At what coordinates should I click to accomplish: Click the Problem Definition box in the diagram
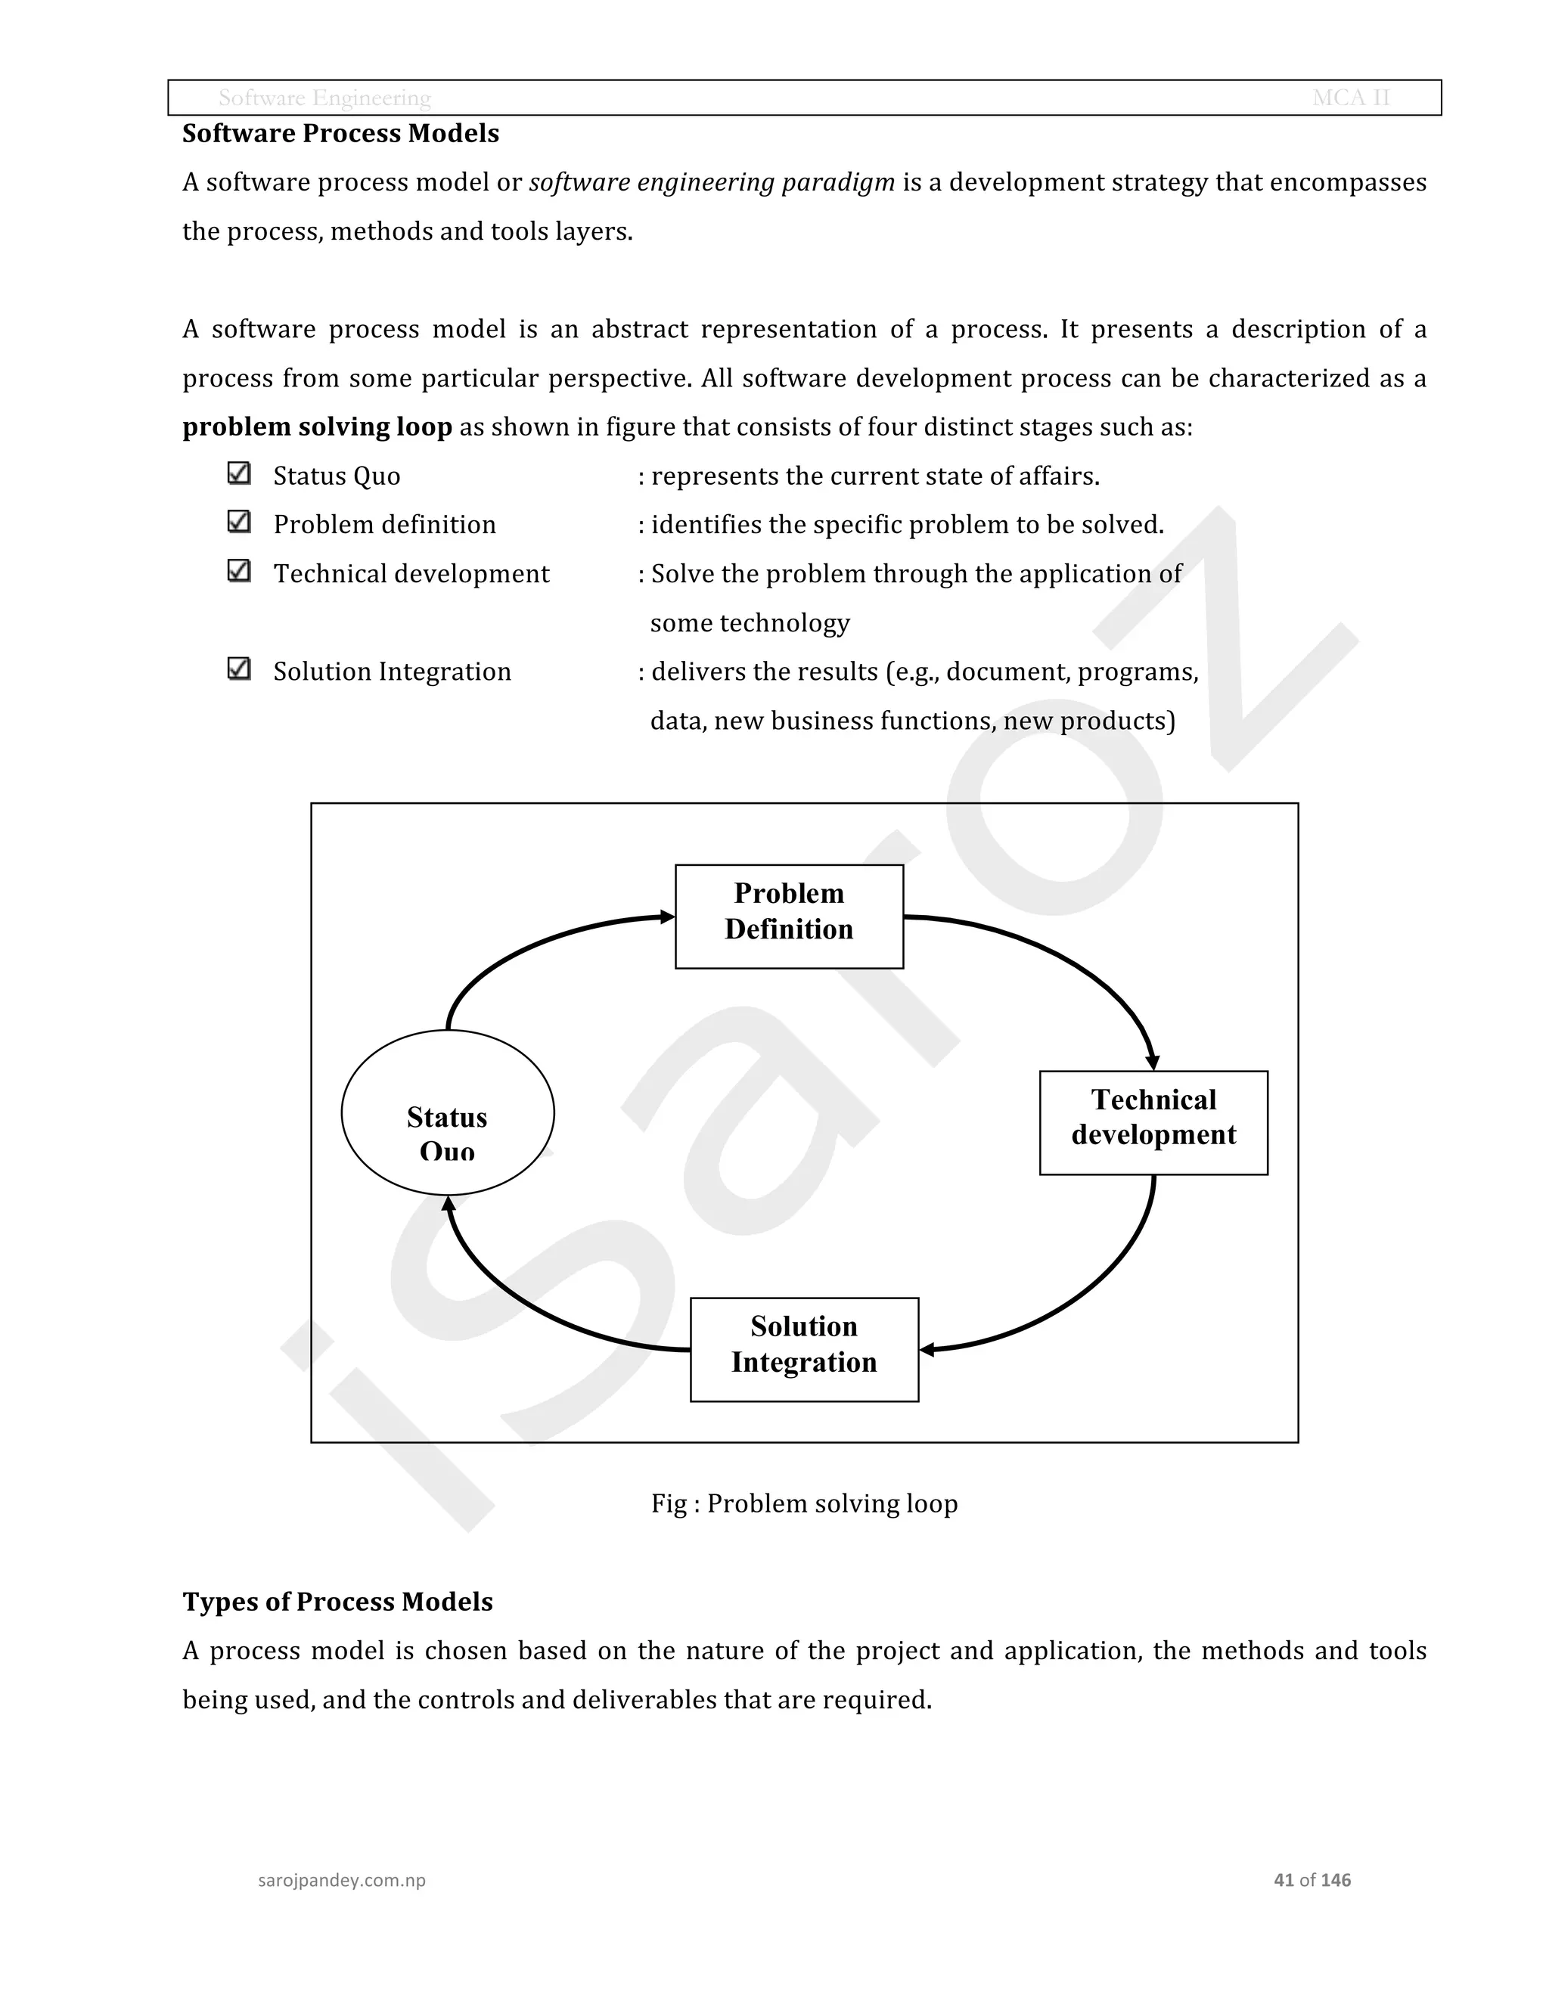pos(789,916)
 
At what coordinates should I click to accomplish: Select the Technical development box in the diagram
pos(1153,1122)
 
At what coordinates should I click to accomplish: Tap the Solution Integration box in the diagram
pos(804,1349)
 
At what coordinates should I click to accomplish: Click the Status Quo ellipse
pos(448,1112)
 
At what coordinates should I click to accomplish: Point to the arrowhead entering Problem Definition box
pos(667,917)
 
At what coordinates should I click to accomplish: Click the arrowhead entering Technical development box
pos(1153,1062)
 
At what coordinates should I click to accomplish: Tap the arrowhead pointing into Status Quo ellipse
pos(448,1204)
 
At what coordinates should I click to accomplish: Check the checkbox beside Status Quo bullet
pos(238,473)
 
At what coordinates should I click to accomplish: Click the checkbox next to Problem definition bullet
pos(238,522)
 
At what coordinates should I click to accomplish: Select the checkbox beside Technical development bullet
pos(238,571)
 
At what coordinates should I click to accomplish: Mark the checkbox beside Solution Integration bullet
pos(238,669)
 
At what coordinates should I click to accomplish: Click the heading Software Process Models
pos(340,134)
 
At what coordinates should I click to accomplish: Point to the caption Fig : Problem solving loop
pos(804,1504)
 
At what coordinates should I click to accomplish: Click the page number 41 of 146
pos(1312,1880)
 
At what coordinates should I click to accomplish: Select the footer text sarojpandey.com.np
pos(341,1880)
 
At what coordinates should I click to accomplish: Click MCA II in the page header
pos(1351,98)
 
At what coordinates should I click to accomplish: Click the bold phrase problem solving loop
pos(317,427)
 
